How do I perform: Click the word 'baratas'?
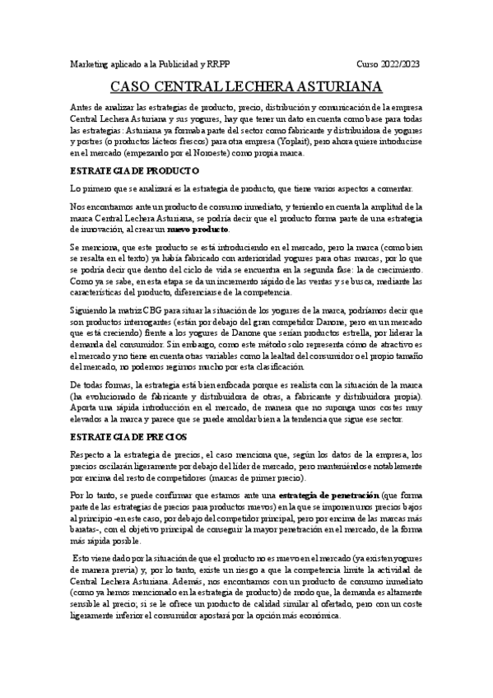point(87,530)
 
